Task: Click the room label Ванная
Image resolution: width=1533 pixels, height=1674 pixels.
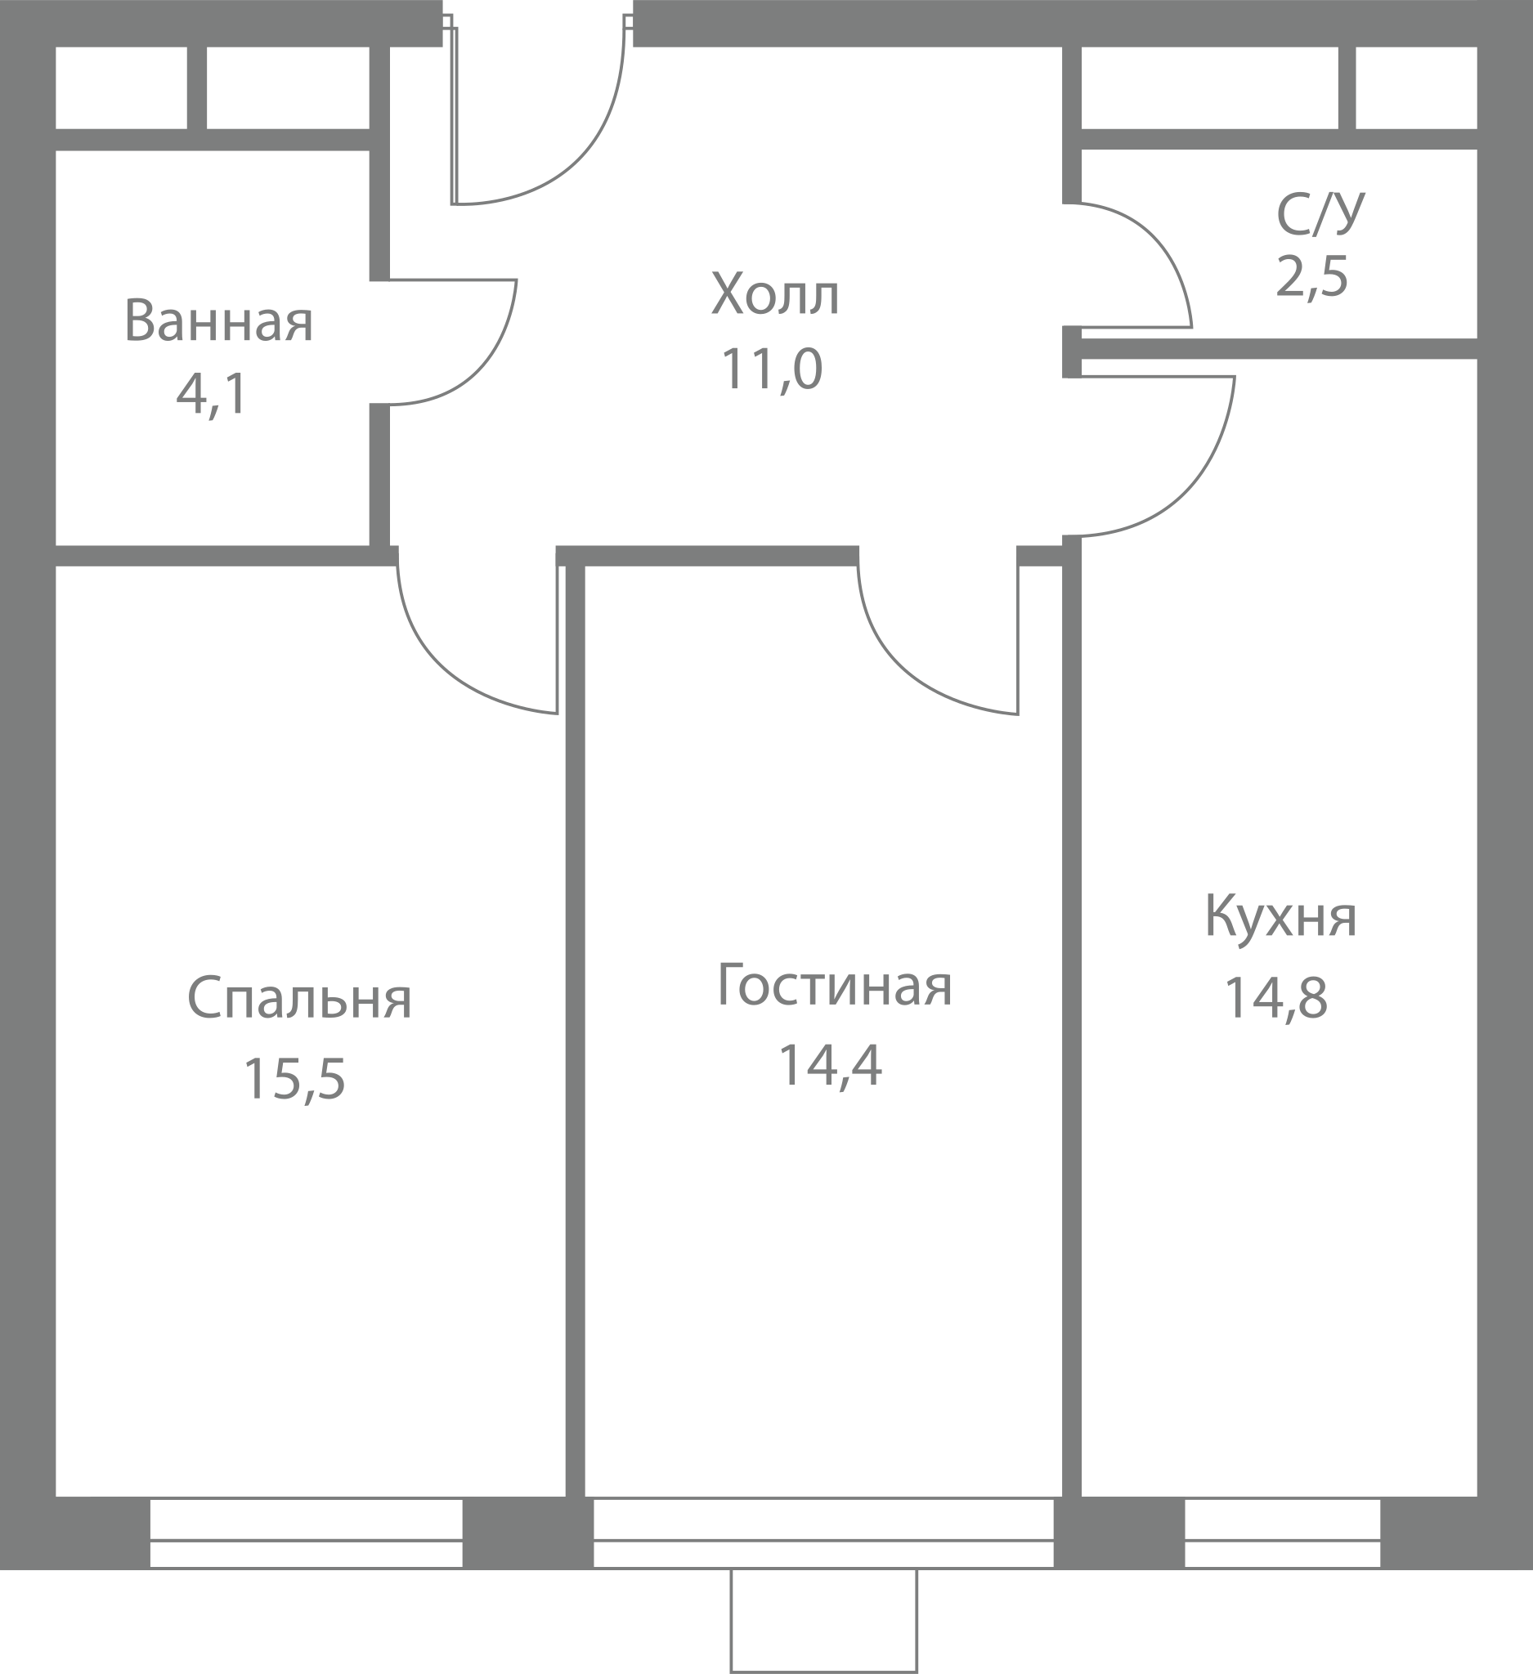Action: pos(218,320)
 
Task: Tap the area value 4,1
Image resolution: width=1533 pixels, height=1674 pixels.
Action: pos(212,394)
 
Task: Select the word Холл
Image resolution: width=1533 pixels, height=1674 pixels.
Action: pos(776,294)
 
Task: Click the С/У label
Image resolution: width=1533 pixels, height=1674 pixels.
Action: pos(1320,214)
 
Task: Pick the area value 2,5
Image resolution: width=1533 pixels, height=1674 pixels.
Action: pos(1312,275)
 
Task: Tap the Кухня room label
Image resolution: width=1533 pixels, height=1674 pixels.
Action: pos(1280,916)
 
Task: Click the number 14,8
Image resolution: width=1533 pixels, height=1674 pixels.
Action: pos(1276,997)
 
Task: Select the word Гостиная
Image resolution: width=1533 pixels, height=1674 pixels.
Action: pos(835,985)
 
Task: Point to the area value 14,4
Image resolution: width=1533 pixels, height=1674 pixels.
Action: pos(830,1065)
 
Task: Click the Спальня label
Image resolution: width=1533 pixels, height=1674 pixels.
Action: pos(299,997)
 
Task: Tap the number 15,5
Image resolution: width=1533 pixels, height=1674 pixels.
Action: pos(294,1079)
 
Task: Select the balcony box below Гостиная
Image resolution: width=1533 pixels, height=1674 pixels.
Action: pos(824,1620)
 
